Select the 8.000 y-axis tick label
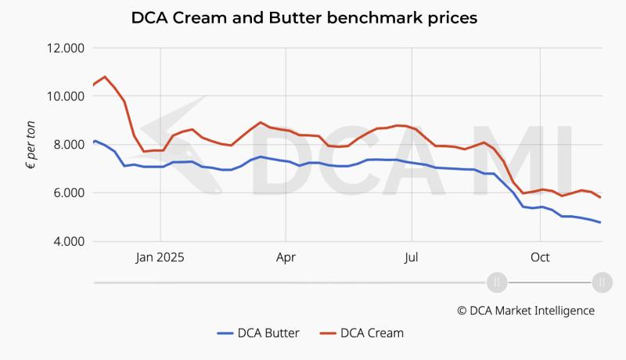click(66, 145)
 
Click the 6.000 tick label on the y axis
click(66, 193)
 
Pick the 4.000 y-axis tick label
click(66, 241)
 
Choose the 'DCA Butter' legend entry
click(258, 333)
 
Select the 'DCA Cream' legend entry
click(362, 333)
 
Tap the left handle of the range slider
click(497, 282)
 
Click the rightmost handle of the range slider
click(601, 282)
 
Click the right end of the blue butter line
click(600, 222)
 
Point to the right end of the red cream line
click(600, 197)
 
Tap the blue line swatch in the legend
click(226, 333)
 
